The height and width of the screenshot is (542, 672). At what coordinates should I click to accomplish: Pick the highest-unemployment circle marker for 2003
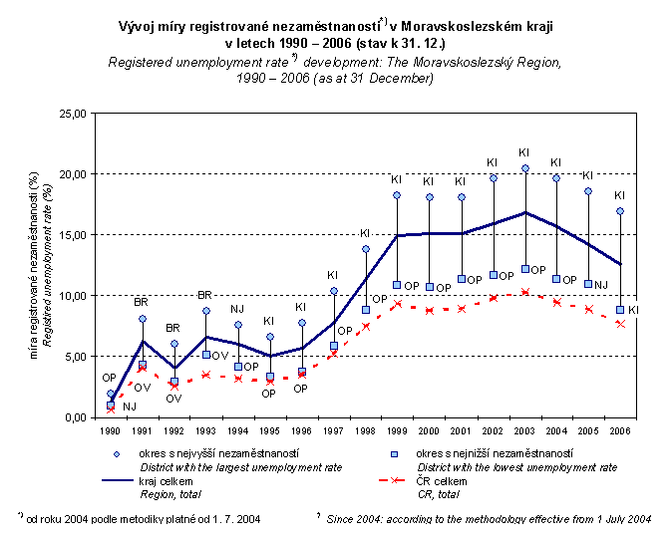tap(524, 168)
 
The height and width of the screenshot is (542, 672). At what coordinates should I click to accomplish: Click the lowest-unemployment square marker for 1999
tap(397, 285)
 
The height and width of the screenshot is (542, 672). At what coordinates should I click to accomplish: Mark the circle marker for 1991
tap(143, 319)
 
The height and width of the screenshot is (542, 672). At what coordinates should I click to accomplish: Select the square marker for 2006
tap(620, 310)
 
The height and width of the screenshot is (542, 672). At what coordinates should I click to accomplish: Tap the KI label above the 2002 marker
tap(493, 161)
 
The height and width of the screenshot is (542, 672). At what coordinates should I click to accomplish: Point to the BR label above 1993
tap(205, 295)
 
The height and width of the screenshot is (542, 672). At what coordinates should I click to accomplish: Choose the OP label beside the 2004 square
tap(570, 280)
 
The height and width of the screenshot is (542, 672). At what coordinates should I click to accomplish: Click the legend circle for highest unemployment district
tap(118, 453)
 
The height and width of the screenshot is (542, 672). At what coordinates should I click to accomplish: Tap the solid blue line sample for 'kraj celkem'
tap(118, 480)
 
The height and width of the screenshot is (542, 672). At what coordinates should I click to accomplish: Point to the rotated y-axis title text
tap(38, 264)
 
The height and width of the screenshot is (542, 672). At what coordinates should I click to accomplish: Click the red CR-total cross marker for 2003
tap(524, 292)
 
